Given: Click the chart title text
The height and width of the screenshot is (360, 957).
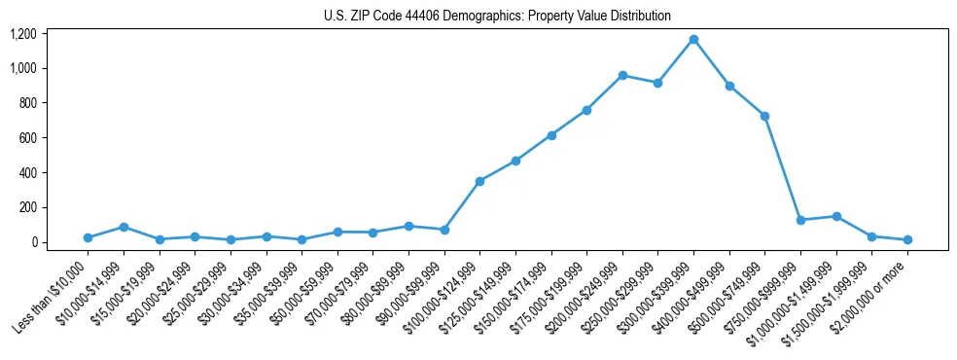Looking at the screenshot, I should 497,16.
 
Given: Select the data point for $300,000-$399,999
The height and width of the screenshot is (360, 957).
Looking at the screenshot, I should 693,39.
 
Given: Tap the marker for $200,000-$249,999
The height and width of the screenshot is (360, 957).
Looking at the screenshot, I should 622,75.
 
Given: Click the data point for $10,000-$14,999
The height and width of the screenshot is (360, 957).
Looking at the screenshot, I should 124,227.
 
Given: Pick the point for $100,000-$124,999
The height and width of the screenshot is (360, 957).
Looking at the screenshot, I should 479,181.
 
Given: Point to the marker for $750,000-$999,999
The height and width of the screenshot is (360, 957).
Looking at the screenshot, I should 800,220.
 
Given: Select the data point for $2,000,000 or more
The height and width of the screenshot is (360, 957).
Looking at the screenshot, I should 907,239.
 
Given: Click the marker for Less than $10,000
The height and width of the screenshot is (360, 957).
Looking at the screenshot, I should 88,237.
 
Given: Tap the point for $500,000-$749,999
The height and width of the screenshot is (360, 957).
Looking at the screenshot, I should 764,116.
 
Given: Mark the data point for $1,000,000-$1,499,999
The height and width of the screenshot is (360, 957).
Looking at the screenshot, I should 836,216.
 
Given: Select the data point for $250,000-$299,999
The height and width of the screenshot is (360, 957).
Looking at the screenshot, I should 657,83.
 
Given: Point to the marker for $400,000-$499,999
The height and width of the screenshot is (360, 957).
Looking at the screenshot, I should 729,86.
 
